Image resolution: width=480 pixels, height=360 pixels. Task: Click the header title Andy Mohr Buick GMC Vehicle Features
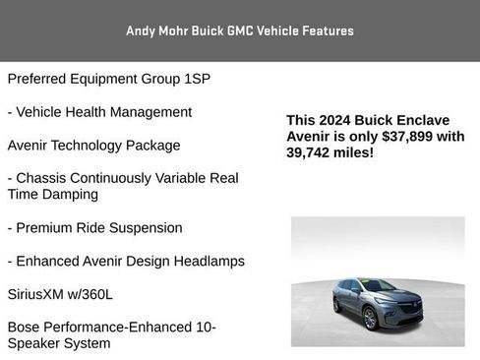(x=240, y=30)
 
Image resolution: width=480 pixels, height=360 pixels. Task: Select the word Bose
(x=26, y=327)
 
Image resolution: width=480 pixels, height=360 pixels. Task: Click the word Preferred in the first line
(x=40, y=79)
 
